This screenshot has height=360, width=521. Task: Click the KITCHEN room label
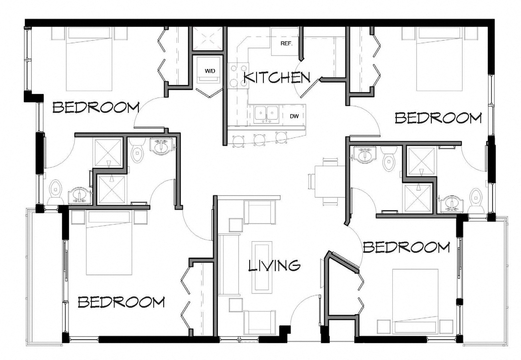[x=277, y=78]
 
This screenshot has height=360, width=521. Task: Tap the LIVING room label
[x=274, y=265]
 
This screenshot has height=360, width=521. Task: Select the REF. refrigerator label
[x=287, y=43]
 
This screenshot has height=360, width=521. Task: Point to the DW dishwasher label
[x=294, y=116]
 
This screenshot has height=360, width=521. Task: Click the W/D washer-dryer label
[x=210, y=71]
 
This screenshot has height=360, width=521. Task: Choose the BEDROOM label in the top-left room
[x=96, y=107]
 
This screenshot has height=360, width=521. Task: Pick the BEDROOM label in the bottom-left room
[x=121, y=302]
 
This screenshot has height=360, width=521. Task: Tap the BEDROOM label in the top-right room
[x=438, y=118]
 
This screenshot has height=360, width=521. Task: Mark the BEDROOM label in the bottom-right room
[x=406, y=247]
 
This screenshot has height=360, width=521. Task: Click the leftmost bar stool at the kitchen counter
[x=238, y=140]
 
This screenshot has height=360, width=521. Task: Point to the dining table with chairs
[x=326, y=181]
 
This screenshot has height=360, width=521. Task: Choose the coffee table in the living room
[x=262, y=266]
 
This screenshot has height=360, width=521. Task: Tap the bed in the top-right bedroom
[x=440, y=60]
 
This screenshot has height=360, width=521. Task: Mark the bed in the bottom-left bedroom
[x=108, y=243]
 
